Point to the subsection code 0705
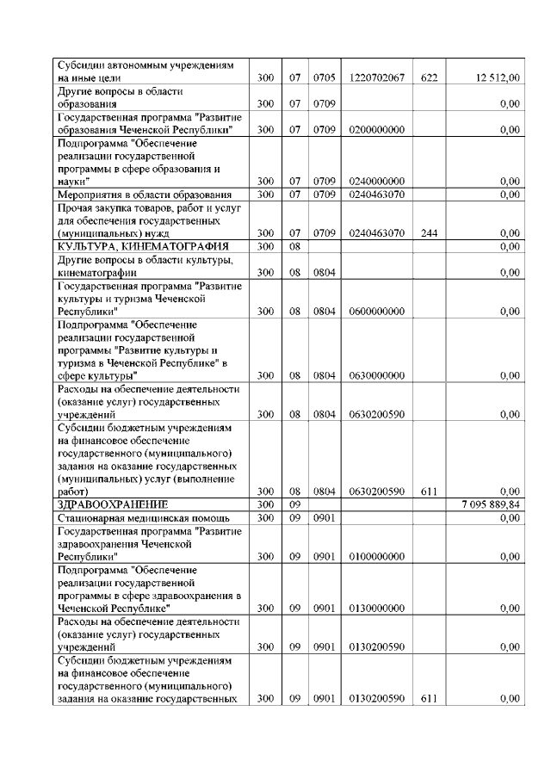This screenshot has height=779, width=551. [x=324, y=78]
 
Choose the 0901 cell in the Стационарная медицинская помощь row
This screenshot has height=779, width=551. [x=324, y=517]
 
